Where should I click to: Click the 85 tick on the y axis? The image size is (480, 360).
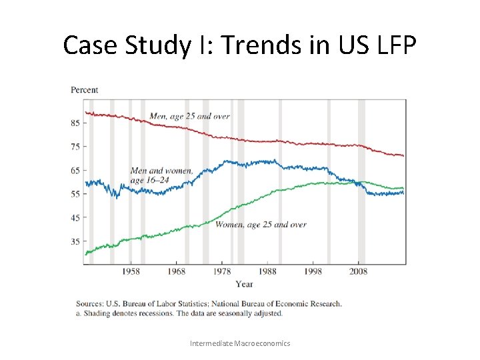75,123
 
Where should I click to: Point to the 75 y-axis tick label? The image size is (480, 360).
75,147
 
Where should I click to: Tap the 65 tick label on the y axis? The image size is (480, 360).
75,171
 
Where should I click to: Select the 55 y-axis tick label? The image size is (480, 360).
75,194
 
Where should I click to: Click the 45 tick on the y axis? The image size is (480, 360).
75,218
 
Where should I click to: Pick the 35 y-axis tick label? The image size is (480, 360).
75,241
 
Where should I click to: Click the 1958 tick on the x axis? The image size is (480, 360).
131,272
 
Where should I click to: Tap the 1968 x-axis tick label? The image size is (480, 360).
177,272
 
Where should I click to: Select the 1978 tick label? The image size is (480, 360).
223,272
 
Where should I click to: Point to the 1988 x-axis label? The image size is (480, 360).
268,272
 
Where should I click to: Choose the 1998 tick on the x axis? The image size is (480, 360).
314,272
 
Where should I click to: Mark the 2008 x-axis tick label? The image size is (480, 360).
359,272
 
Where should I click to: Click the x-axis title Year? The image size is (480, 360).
244,284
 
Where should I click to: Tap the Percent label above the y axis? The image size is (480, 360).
85,90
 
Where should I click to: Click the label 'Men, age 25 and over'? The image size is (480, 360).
189,116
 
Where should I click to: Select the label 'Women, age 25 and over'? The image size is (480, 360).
261,225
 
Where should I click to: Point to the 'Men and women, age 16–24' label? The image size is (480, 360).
161,175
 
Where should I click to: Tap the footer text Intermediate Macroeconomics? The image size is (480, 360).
240,343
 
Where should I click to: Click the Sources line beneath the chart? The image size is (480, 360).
209,303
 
